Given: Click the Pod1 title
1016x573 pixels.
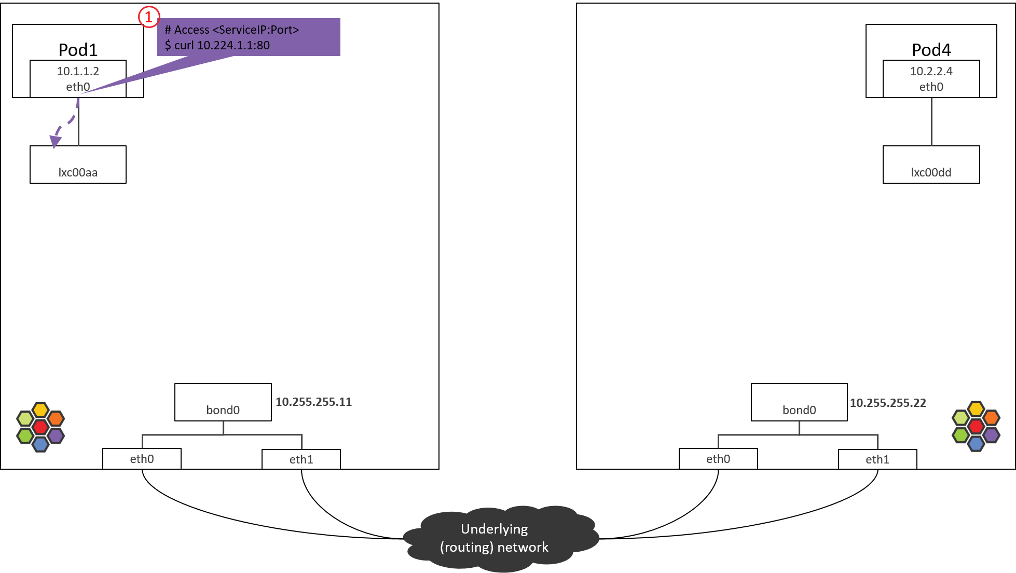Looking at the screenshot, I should (x=78, y=50).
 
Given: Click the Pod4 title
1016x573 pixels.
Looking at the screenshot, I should (x=931, y=50).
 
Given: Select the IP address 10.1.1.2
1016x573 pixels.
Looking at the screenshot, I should (x=78, y=71).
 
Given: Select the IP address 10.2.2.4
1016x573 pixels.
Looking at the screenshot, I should (x=931, y=71).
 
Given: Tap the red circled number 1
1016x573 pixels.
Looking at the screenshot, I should (x=148, y=17).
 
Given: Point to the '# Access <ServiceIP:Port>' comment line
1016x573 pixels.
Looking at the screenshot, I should (x=231, y=30).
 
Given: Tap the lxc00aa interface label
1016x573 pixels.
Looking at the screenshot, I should (x=78, y=172).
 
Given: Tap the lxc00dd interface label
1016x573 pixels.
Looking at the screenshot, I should (x=931, y=172).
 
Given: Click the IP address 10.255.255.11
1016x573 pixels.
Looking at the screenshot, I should (x=313, y=402).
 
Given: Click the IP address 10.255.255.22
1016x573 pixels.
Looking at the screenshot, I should (x=887, y=403).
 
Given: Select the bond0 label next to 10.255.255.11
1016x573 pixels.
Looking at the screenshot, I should (x=223, y=410).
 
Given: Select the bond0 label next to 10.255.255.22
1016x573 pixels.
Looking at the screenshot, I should (x=799, y=410).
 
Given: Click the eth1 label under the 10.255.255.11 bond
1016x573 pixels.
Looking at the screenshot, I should (x=301, y=459).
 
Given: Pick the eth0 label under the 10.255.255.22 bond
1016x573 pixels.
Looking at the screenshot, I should (x=718, y=459).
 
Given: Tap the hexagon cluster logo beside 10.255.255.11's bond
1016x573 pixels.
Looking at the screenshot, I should (x=40, y=427).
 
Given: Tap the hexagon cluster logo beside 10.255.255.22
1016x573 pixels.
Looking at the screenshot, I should (x=976, y=426).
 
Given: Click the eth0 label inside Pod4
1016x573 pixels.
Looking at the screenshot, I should (x=931, y=87).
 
